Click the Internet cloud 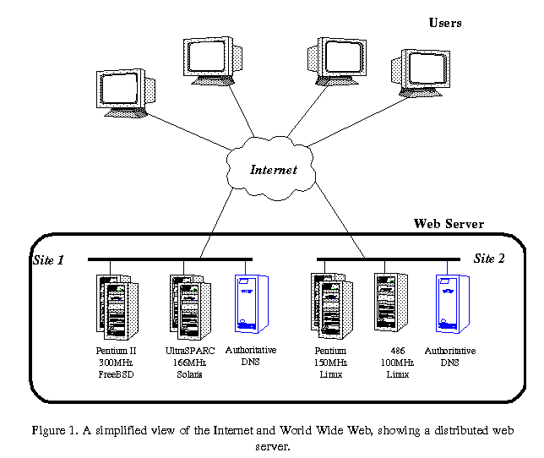pos(272,168)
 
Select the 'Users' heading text pos(444,24)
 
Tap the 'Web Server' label pos(449,224)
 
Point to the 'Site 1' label pos(48,259)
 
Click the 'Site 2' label pos(489,259)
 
